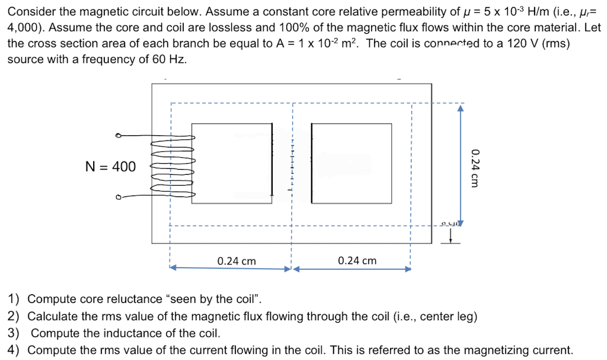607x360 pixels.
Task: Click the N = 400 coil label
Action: (x=110, y=167)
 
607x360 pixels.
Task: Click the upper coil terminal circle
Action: (x=118, y=136)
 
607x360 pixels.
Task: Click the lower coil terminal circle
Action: (x=118, y=197)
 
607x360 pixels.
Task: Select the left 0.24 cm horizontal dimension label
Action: (x=237, y=261)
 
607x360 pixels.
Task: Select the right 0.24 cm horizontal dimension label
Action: (x=357, y=261)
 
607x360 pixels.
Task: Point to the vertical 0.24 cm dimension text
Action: (x=474, y=168)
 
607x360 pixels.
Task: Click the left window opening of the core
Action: (x=231, y=164)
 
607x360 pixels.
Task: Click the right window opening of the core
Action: (x=352, y=164)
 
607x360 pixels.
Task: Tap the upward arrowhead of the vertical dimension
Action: (x=460, y=109)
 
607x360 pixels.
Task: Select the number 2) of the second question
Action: (x=13, y=316)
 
